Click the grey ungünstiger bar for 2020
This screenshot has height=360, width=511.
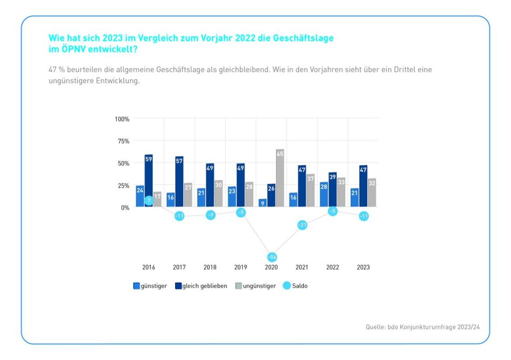click(x=280, y=179)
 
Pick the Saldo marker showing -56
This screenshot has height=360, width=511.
click(x=272, y=257)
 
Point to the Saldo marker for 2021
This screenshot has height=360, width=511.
click(x=302, y=225)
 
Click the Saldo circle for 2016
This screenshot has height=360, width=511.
click(x=149, y=200)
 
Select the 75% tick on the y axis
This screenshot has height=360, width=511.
click(x=122, y=141)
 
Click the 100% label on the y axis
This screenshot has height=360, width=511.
click(x=122, y=119)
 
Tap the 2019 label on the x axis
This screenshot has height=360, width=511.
click(x=241, y=267)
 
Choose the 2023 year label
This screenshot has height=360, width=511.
click(x=363, y=267)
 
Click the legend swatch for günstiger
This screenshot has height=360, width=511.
click(x=136, y=286)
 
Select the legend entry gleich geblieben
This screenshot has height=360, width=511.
click(x=205, y=286)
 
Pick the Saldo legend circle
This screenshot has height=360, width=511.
click(x=286, y=286)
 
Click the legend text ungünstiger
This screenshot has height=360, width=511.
click(x=259, y=286)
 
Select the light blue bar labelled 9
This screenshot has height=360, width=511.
click(x=262, y=203)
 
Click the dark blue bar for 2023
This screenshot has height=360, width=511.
click(x=363, y=186)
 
